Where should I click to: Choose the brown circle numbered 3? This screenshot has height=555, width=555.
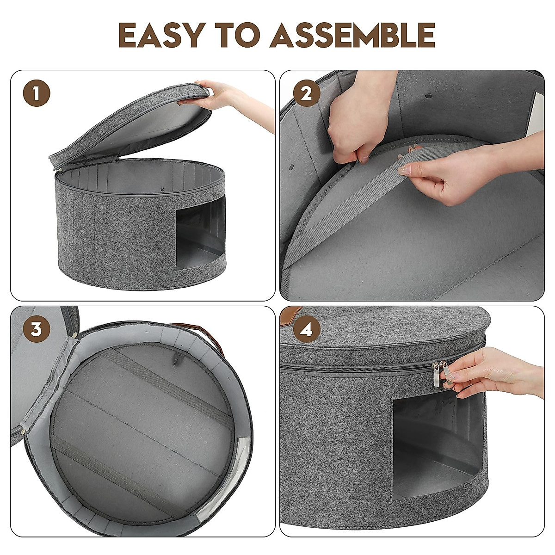[x=37, y=329]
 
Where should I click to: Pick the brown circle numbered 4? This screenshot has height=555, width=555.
[x=307, y=329]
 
